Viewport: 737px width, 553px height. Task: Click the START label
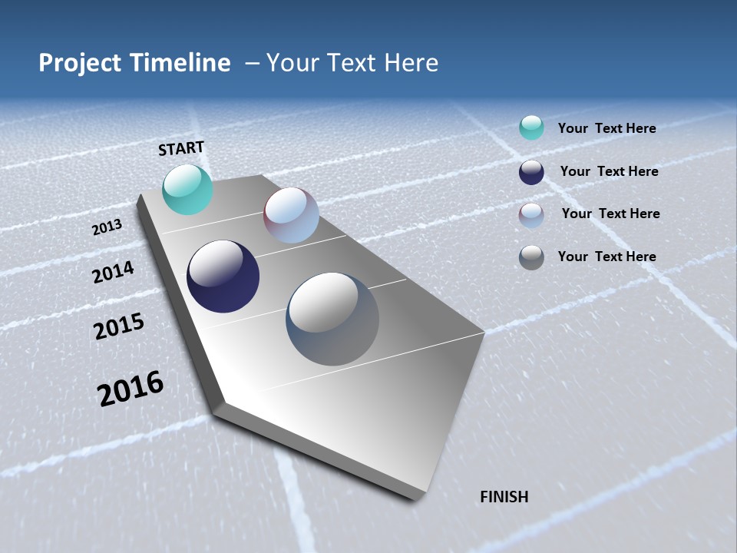[x=181, y=148]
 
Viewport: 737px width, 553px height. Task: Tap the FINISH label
[x=504, y=497]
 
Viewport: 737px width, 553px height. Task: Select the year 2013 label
[x=107, y=227]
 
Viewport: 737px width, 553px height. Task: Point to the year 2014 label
[x=113, y=273]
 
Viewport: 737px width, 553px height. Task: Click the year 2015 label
[x=119, y=327]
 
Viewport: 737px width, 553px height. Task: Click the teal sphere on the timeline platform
[x=187, y=190]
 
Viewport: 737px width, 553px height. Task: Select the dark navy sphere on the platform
[x=223, y=276]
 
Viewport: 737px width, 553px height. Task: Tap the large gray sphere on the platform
[x=332, y=319]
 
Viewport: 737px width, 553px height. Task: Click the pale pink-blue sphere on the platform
[x=291, y=216]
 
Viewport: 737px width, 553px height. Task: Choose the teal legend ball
[x=531, y=127]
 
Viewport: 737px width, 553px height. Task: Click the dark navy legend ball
[x=531, y=172]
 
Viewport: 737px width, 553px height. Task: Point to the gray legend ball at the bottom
[x=531, y=257]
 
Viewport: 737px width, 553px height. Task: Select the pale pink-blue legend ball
[x=531, y=215]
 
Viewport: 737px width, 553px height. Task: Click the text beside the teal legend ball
[x=606, y=128]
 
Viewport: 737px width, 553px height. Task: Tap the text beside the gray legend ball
[x=606, y=257]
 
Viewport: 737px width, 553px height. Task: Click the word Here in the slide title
[x=411, y=63]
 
